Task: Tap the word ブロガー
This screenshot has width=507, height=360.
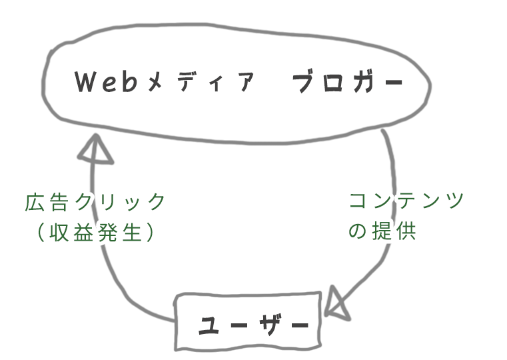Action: click(348, 83)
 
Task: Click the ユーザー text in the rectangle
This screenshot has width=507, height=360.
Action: click(254, 326)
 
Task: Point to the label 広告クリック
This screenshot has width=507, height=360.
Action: click(95, 201)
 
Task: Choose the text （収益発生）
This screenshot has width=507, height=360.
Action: click(95, 232)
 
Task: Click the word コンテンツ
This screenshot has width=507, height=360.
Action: click(406, 201)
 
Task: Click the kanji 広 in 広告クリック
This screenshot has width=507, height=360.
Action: click(35, 201)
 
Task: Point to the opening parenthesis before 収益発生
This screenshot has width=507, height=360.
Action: click(41, 232)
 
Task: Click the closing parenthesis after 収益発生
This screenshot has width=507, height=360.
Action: click(151, 232)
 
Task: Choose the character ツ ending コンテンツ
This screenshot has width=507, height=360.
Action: click(454, 201)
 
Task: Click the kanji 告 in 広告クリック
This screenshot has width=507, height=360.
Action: click(58, 201)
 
